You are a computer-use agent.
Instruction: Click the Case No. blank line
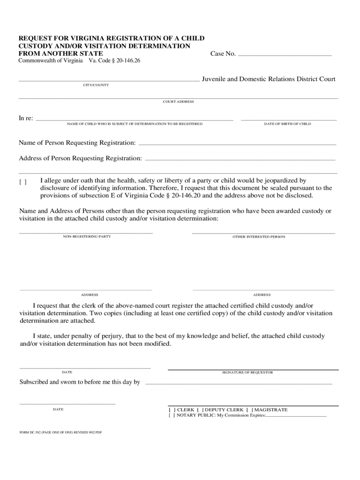point(285,55)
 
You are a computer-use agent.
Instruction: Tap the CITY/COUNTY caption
point(96,85)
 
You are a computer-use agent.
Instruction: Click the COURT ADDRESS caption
point(178,102)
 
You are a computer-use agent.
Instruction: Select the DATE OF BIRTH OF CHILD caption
point(287,124)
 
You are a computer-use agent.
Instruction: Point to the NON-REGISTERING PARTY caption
point(87,237)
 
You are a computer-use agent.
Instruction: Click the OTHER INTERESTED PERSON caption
point(259,237)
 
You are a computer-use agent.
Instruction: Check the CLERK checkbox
point(172,410)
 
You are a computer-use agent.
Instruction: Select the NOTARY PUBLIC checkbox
point(172,415)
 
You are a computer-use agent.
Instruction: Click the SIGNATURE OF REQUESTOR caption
point(247,373)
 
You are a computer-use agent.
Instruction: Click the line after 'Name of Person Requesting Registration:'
point(237,144)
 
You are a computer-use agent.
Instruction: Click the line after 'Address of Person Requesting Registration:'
point(240,159)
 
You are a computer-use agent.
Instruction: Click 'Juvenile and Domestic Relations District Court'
point(269,79)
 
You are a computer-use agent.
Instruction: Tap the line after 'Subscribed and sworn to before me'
point(239,383)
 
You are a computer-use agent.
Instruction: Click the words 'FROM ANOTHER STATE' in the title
point(61,53)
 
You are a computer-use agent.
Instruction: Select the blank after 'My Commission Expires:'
point(296,416)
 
